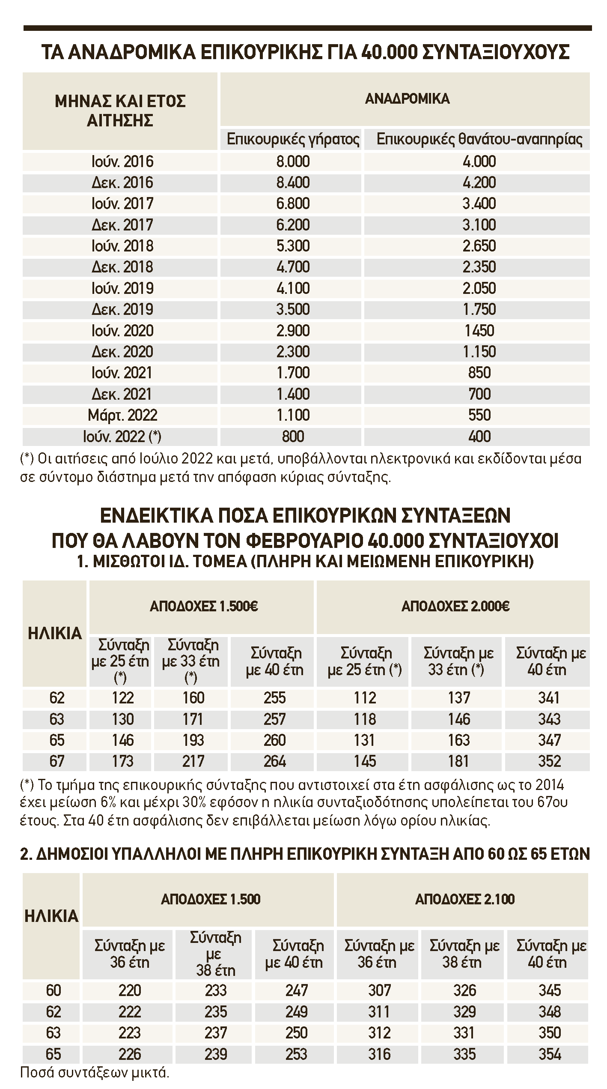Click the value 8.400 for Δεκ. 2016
coord(293,183)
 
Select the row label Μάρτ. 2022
coord(122,415)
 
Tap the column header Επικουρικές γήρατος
coord(293,139)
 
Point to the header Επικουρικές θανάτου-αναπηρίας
coord(479,139)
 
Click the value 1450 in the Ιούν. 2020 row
coord(479,331)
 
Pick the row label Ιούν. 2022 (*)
coord(122,437)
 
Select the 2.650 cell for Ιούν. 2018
coord(479,246)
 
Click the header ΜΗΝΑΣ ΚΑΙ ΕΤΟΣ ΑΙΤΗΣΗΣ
coord(120,111)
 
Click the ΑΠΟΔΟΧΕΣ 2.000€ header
coord(455,607)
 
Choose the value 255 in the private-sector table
coord(274,698)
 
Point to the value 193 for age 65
coord(193,740)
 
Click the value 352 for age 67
coord(549,761)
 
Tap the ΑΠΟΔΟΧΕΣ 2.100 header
coord(465,899)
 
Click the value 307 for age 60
coord(379,991)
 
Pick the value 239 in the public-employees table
coord(215,1054)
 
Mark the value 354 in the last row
coord(549,1054)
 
